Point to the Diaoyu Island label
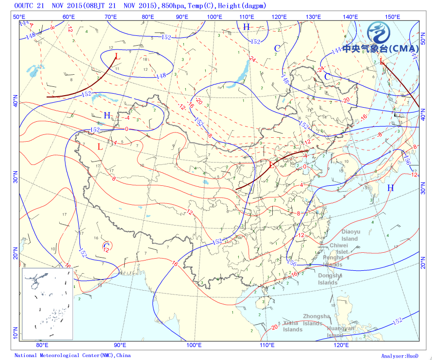tap(349, 235)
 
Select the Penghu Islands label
tap(333, 261)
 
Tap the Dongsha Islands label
tap(330, 279)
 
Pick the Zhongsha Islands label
tap(316, 320)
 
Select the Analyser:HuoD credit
tap(399, 356)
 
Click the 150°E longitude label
tap(393, 17)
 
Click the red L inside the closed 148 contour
tap(116, 57)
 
